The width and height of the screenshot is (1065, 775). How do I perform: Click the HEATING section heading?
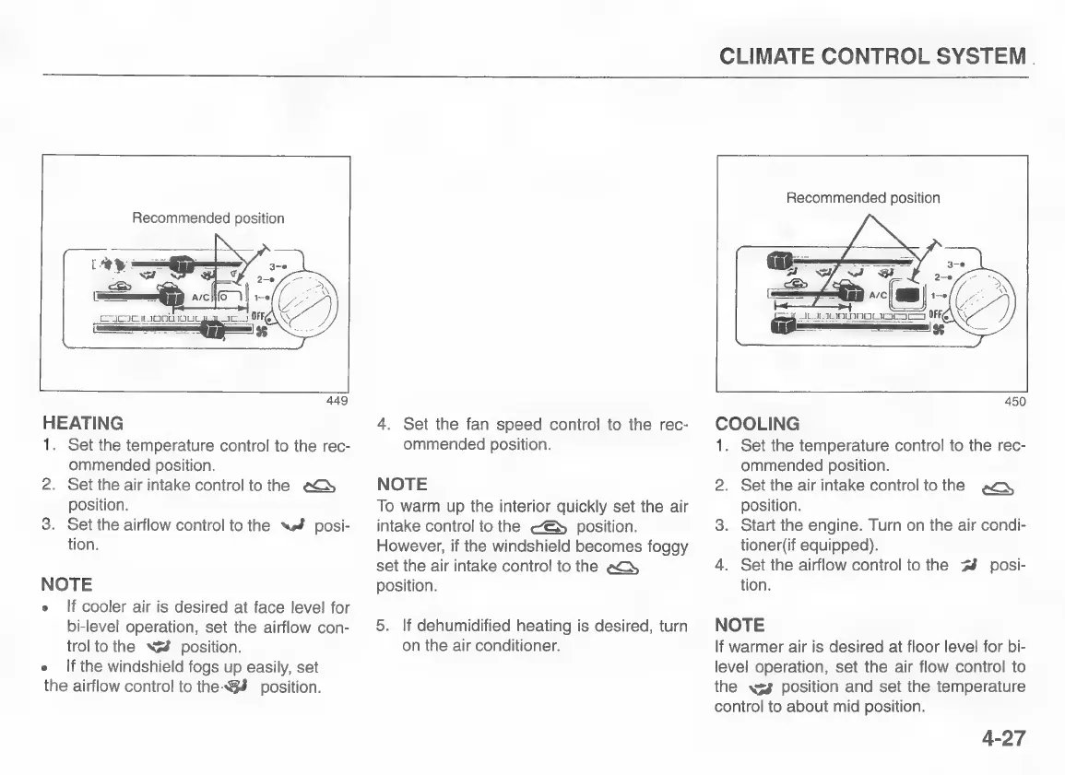point(83,424)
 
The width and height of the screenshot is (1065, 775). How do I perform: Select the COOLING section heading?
point(757,425)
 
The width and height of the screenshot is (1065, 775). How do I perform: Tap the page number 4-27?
point(991,739)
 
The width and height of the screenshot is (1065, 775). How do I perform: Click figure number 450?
point(1013,401)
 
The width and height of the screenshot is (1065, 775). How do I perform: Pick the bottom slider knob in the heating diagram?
point(215,328)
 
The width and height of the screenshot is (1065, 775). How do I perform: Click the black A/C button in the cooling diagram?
point(910,297)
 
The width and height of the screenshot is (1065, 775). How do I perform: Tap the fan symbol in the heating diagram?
point(261,333)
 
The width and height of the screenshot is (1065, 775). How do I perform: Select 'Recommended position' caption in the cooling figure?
point(862,198)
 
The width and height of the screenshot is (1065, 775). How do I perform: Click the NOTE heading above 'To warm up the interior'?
point(402,484)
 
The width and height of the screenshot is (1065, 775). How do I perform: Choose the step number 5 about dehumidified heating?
point(382,627)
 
